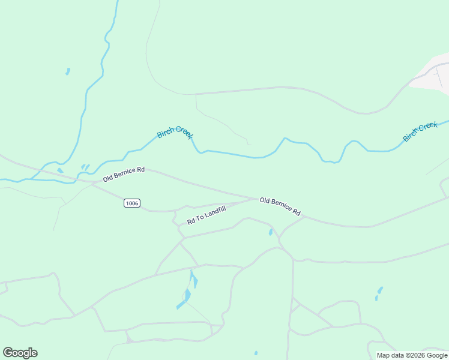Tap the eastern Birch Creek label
tap(420, 131)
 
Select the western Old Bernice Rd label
tap(124, 174)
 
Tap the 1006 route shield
tap(132, 203)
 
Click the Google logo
tap(20, 353)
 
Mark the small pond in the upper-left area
tap(68, 71)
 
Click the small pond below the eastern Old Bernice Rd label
tap(271, 232)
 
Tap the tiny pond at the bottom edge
tap(256, 353)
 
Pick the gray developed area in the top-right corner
tap(433, 73)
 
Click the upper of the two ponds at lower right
tap(380, 290)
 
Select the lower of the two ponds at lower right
tap(377, 298)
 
